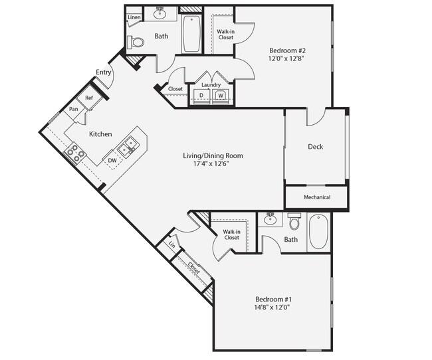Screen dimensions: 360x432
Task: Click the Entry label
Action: pos(104,72)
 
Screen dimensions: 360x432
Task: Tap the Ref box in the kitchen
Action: pos(89,97)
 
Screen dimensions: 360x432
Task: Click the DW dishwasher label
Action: pos(112,159)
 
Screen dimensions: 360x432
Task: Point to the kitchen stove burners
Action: pos(74,155)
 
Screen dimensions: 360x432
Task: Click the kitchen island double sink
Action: pos(128,144)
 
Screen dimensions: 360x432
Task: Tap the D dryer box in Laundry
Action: pos(201,96)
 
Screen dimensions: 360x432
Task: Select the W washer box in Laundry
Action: pos(220,96)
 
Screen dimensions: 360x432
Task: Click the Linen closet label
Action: pos(134,17)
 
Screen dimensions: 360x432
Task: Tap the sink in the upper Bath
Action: pos(160,13)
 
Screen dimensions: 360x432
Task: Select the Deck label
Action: pos(315,147)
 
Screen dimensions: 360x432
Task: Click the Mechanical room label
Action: pos(316,197)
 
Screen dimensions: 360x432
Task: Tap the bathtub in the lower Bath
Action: pos(318,232)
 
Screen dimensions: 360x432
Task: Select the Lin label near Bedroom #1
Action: pos(172,244)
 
